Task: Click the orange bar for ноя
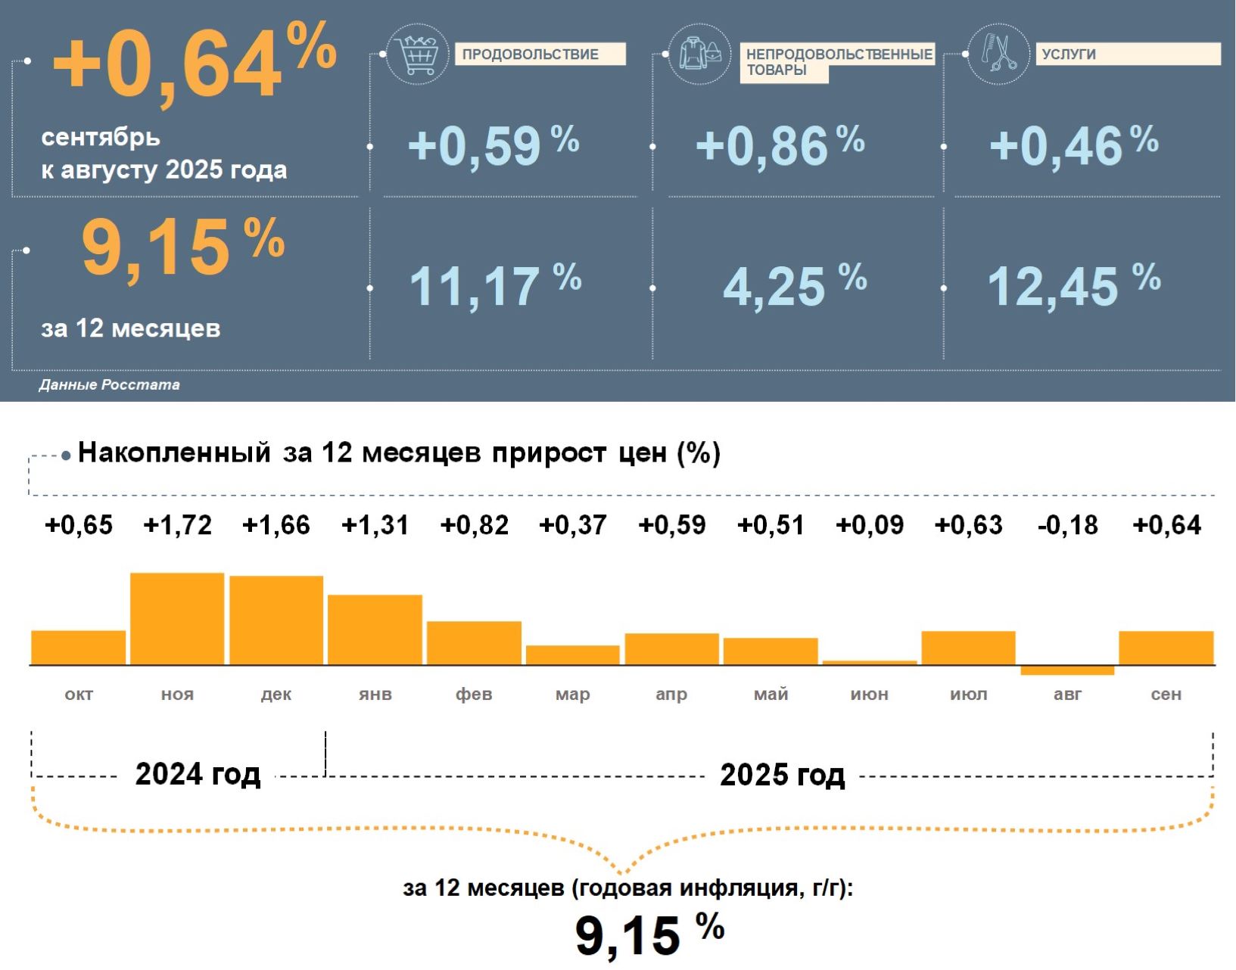[177, 619]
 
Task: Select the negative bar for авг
[1067, 670]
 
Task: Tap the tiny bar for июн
[870, 663]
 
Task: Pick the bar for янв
[375, 630]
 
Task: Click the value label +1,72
[177, 525]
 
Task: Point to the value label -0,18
[1067, 525]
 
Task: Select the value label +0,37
[573, 525]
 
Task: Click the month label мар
[572, 694]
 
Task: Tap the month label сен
[1166, 694]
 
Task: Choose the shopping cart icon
[417, 54]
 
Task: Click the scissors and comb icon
[998, 54]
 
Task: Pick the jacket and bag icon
[699, 54]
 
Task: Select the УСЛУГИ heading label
[1069, 54]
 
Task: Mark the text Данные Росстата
[110, 385]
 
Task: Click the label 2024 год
[198, 775]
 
